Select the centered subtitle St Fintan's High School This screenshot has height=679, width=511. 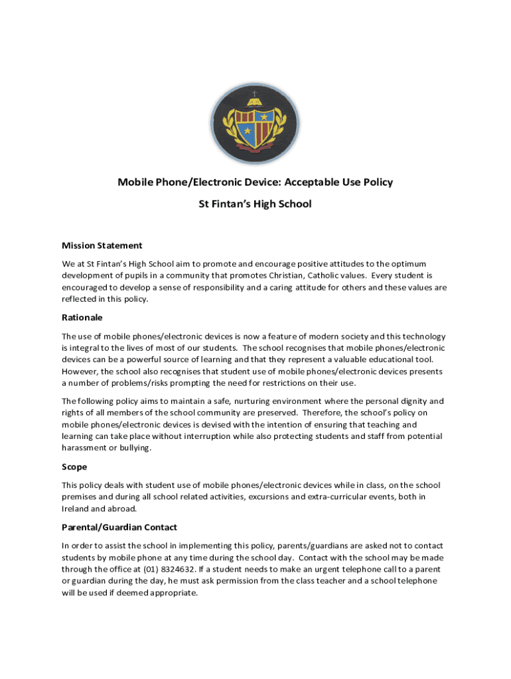(256, 204)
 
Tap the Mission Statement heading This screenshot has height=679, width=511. (102, 245)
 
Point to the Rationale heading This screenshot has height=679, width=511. (82, 318)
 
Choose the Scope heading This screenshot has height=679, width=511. (74, 467)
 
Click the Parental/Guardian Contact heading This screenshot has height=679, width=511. (119, 527)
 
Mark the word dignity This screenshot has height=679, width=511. (411, 401)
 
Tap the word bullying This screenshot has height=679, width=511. (133, 448)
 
